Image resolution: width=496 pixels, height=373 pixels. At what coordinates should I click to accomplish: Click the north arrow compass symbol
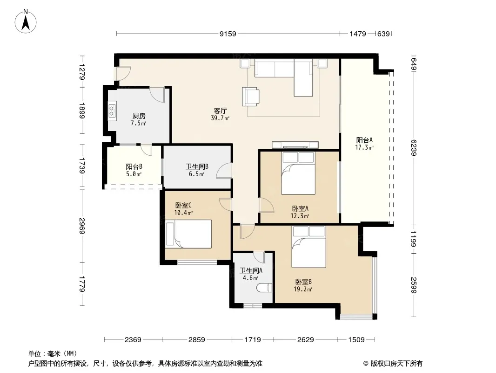(x=26, y=21)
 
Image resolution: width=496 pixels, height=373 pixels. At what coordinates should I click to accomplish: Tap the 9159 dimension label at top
(x=228, y=34)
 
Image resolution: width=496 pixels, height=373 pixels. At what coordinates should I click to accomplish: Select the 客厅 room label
(x=220, y=111)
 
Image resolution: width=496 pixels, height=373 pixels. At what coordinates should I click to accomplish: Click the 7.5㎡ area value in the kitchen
(x=139, y=123)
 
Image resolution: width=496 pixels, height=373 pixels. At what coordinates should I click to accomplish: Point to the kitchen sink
(x=112, y=111)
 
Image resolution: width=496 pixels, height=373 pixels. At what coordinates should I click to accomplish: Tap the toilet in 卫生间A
(x=264, y=288)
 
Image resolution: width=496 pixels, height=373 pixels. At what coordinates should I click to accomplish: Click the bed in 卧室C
(x=188, y=234)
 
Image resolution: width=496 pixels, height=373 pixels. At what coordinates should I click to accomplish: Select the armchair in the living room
(x=250, y=97)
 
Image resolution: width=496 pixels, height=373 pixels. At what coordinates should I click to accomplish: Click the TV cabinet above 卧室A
(x=295, y=145)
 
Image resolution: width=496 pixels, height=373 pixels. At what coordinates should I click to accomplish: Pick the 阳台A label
(x=364, y=140)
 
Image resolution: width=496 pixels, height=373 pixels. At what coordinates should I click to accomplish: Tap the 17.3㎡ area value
(x=364, y=147)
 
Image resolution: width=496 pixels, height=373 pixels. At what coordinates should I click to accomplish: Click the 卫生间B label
(x=197, y=166)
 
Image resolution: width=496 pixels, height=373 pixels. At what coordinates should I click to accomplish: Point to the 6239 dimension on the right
(x=414, y=148)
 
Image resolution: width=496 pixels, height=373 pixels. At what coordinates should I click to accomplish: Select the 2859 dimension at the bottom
(x=197, y=340)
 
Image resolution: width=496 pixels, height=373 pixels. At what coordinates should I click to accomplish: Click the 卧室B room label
(x=304, y=282)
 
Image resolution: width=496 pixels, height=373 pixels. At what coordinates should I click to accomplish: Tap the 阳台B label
(x=134, y=167)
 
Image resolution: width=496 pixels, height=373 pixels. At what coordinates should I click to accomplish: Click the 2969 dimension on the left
(x=82, y=226)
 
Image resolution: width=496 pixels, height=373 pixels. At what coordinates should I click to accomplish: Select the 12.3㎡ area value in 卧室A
(x=300, y=216)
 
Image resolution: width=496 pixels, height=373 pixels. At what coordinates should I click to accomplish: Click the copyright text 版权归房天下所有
(x=396, y=364)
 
